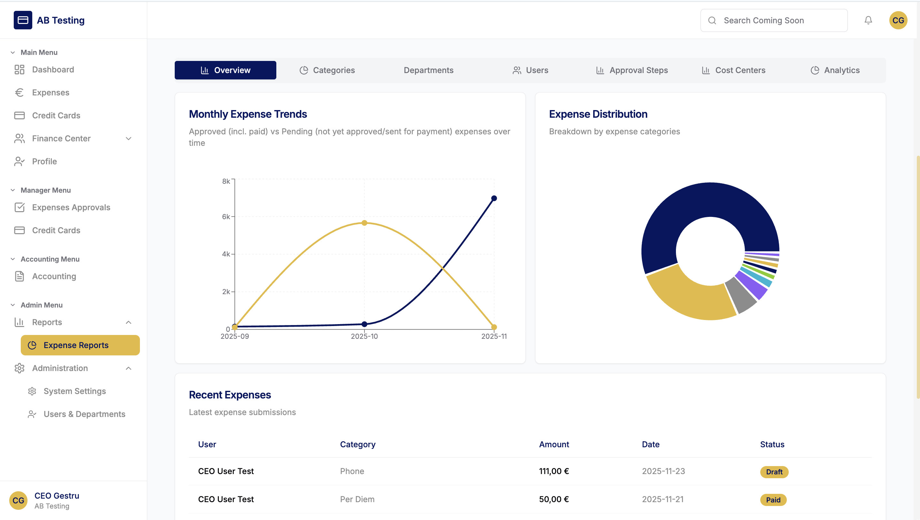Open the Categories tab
327,71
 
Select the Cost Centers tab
733,71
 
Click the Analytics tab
835,71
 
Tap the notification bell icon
868,20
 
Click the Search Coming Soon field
774,20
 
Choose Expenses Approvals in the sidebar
71,207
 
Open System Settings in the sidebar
74,391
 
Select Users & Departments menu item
84,414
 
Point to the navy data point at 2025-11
494,198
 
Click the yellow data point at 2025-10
364,223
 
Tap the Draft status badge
774,472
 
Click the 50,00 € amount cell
554,499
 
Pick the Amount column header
554,444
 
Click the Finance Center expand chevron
129,138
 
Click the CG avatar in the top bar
898,20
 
